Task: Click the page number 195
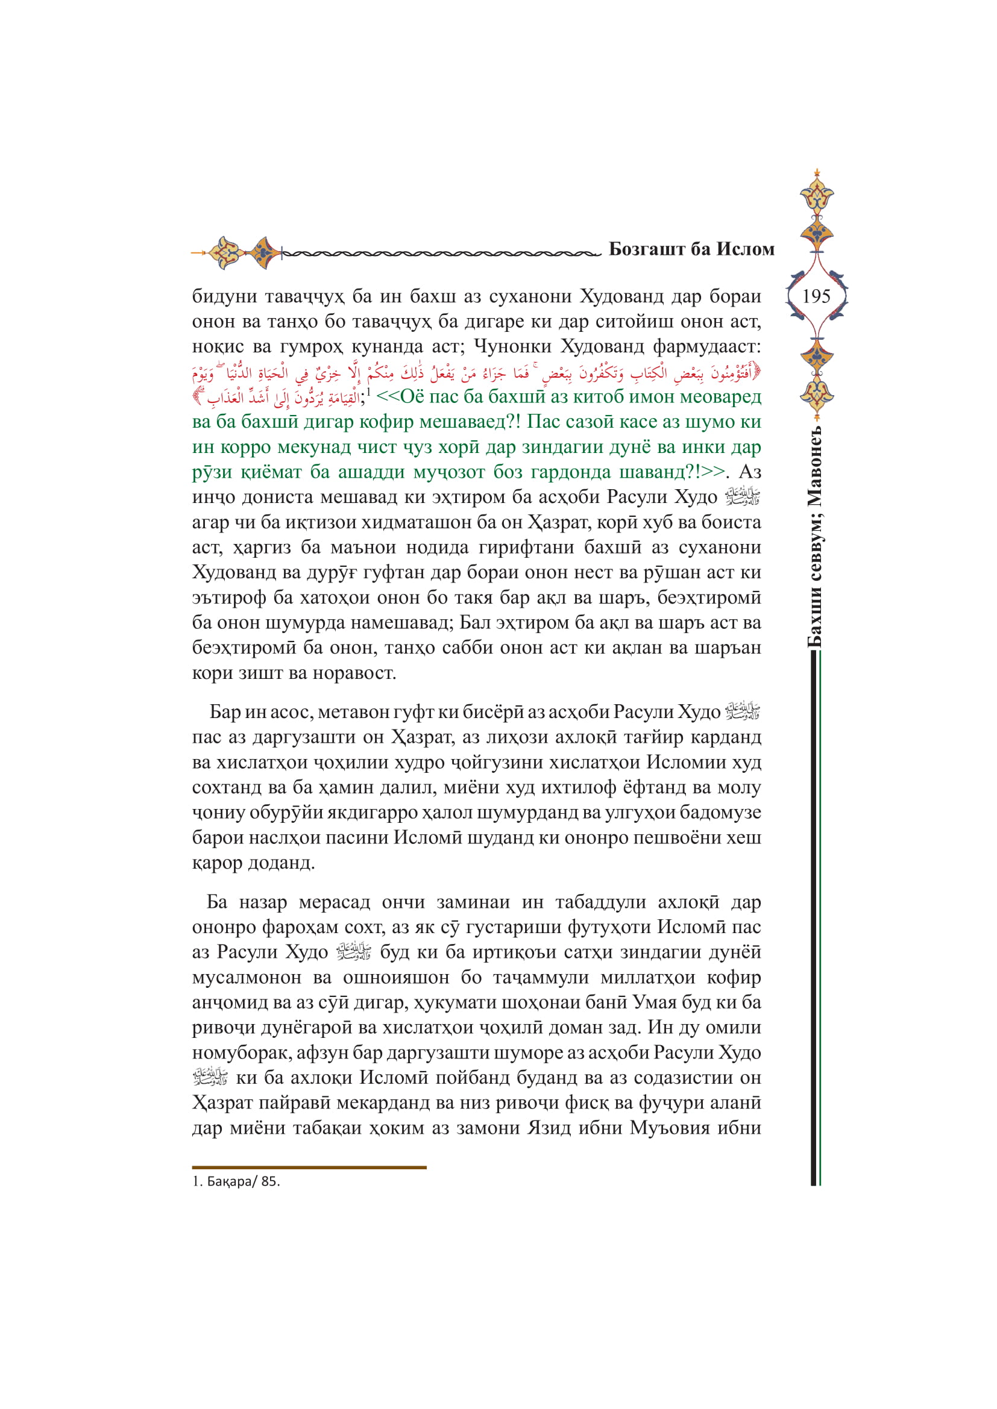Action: point(816,296)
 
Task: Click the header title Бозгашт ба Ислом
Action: point(691,249)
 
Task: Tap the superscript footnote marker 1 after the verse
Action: point(368,391)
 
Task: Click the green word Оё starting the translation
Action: point(412,397)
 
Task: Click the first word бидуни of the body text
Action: point(223,296)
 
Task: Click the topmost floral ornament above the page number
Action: point(817,194)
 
